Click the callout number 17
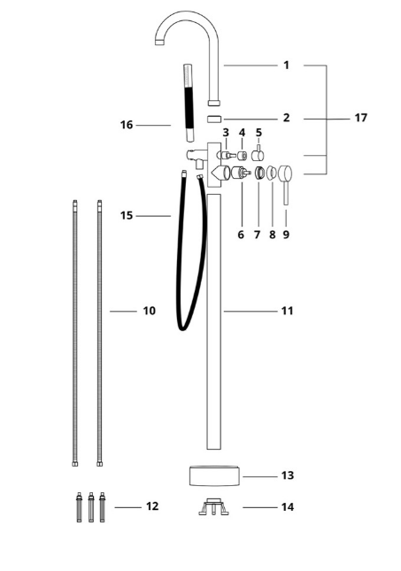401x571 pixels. coord(360,118)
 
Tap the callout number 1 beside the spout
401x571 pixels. coord(286,66)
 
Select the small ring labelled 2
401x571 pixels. coord(214,120)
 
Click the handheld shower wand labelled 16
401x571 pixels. coord(189,103)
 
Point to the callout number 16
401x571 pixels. coord(127,125)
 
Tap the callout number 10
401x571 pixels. coord(149,311)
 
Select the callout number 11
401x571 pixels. coord(287,311)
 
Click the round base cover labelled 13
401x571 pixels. coord(214,476)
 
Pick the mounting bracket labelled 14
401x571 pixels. coord(214,506)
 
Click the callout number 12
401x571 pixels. coord(152,506)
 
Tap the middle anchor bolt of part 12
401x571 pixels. coord(91,507)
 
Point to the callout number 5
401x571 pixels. coord(258,132)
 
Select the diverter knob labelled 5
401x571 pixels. coord(258,154)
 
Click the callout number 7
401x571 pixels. coord(257,235)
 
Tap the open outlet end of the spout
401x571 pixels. coord(159,42)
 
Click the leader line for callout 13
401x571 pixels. coord(260,476)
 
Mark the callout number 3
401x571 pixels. coord(226,132)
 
